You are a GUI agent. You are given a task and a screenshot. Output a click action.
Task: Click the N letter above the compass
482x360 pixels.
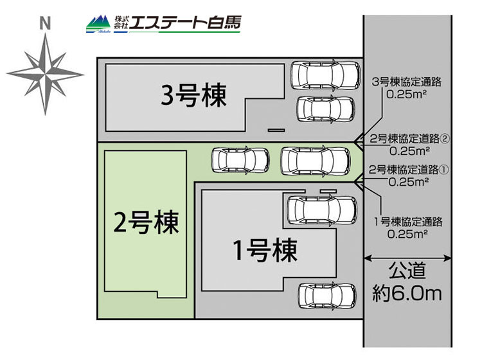tap(44, 24)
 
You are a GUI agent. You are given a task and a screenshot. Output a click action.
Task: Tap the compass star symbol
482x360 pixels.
tap(46, 73)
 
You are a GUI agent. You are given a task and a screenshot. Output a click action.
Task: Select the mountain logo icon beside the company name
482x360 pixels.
tap(99, 23)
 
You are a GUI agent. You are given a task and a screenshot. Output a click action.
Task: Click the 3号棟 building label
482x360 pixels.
tap(193, 97)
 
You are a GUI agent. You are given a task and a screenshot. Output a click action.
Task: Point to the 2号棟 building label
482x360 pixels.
tap(146, 222)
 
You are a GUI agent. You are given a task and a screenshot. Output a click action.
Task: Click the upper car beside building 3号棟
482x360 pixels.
tap(325, 75)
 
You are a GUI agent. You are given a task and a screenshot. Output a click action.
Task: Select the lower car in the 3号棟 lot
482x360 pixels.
tap(325, 109)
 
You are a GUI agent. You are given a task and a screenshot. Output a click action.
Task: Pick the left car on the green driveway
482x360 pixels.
tap(241, 160)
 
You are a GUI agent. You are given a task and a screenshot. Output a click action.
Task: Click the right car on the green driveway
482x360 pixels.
tap(316, 160)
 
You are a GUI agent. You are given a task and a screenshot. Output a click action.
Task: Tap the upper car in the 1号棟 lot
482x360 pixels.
tap(321, 210)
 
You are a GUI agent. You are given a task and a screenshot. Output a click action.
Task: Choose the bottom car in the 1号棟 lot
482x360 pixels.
tap(327, 295)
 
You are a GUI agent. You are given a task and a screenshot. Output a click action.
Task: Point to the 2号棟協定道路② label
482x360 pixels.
tap(409, 139)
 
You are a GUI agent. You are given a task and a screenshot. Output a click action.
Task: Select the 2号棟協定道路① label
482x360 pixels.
tap(409, 170)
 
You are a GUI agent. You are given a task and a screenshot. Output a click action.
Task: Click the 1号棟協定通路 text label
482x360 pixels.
tap(409, 222)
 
